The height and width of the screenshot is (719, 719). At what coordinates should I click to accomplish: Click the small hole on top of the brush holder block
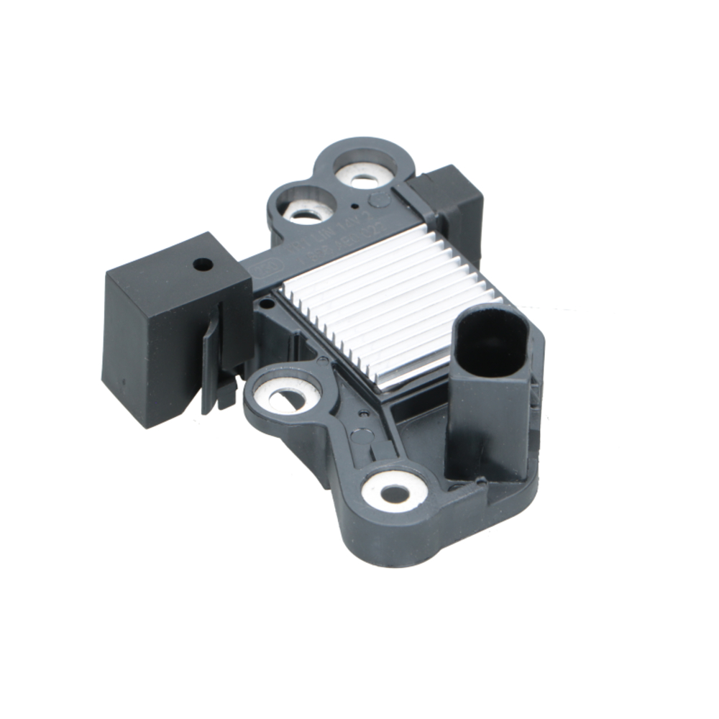click(203, 264)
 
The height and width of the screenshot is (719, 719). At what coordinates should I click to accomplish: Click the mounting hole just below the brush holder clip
click(287, 394)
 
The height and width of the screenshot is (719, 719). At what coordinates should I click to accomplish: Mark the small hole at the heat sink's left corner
click(267, 304)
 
